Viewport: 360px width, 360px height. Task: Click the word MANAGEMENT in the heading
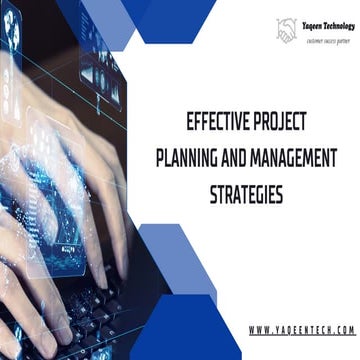click(295, 158)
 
